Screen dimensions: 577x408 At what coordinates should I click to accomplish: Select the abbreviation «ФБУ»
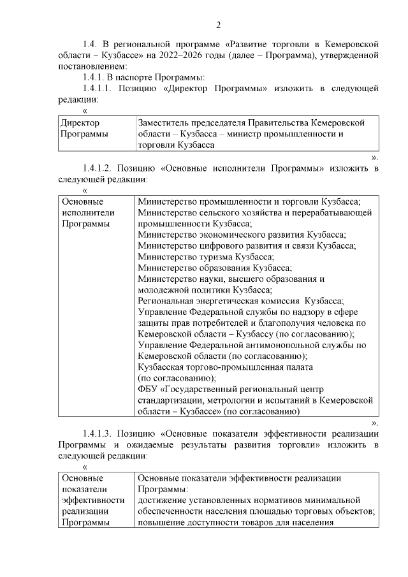(x=147, y=390)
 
